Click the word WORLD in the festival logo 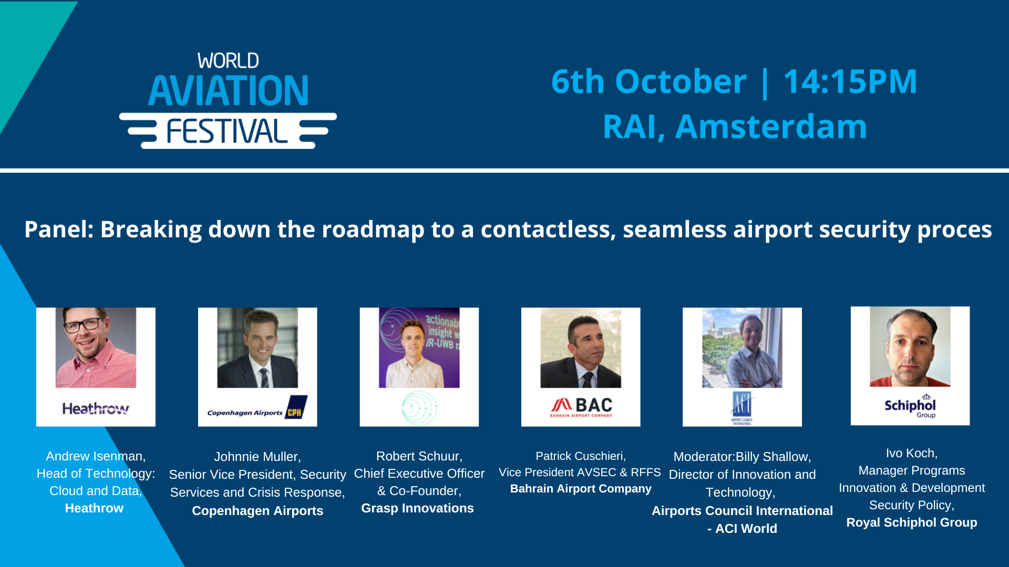click(x=228, y=61)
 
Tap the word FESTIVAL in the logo click(x=227, y=131)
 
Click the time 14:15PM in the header click(x=850, y=81)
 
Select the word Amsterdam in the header click(x=771, y=127)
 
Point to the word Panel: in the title click(x=59, y=229)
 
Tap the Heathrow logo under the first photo click(x=96, y=408)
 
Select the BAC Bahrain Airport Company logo click(x=581, y=407)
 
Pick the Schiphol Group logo click(x=910, y=406)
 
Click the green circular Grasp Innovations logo click(x=419, y=408)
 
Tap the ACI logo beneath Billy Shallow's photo click(x=742, y=407)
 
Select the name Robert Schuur click(x=418, y=456)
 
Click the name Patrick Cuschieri click(x=580, y=456)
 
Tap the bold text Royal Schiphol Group click(x=911, y=523)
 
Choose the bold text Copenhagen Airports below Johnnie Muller click(x=258, y=511)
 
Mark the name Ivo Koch click(x=911, y=453)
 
